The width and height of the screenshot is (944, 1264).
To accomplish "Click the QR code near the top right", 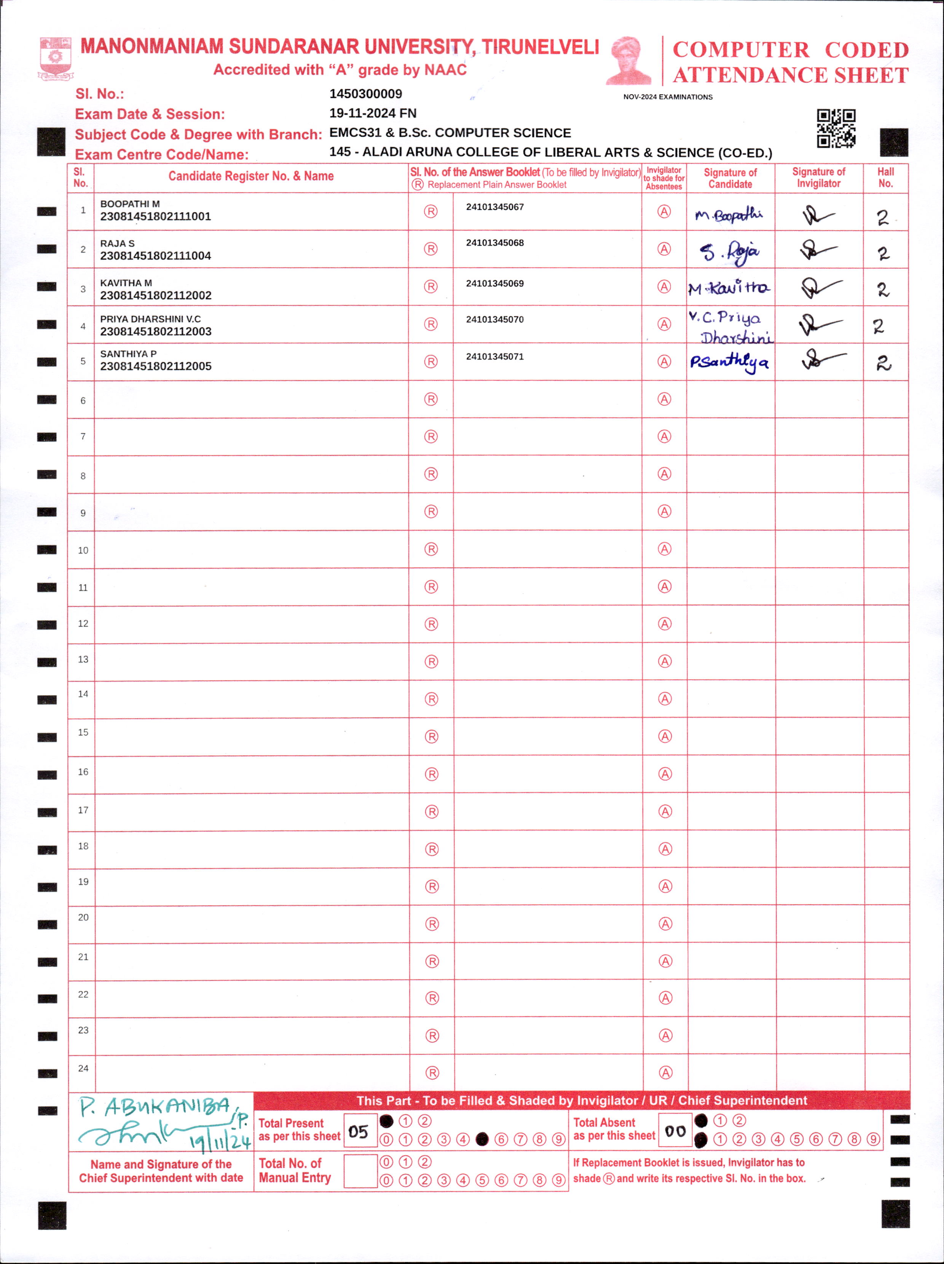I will click(836, 129).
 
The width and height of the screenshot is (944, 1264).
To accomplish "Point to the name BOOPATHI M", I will click(130, 204).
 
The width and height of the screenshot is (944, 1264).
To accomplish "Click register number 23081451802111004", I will click(155, 256).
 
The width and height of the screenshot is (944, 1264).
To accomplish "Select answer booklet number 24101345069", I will click(494, 283).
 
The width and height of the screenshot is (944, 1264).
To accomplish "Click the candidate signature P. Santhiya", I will click(729, 362).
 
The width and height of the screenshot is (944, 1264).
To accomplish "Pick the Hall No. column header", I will click(885, 178).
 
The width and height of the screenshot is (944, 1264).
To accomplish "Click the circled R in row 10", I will click(431, 549).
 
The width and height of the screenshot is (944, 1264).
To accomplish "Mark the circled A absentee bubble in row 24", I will click(665, 1073).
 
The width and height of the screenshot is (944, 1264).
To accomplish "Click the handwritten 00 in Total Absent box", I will click(675, 1131).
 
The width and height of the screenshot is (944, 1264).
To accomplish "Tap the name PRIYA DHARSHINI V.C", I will click(150, 319).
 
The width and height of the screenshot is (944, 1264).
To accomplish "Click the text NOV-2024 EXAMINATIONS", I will click(668, 97).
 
